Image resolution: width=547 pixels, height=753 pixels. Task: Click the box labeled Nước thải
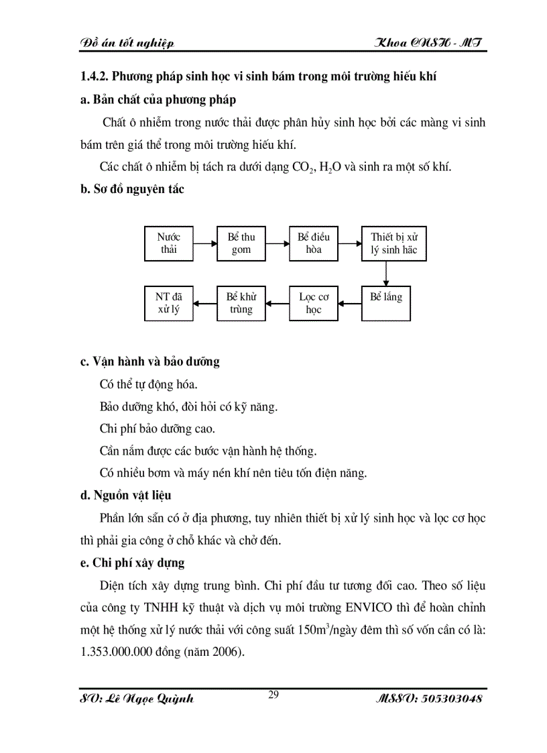tap(169, 243)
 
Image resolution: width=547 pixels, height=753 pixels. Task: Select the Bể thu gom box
tap(241, 243)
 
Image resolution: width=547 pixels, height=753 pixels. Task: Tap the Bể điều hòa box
tap(314, 243)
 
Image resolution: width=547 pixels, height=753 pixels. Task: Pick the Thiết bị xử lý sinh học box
tap(386, 243)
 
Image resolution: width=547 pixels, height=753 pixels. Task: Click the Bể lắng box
tap(386, 303)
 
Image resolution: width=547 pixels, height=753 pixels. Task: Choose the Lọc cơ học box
tap(314, 303)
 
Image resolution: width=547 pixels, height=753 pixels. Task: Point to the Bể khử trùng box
tap(241, 303)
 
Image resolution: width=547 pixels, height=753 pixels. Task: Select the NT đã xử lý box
tap(169, 303)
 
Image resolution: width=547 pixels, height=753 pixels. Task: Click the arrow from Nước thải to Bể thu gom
tap(205, 243)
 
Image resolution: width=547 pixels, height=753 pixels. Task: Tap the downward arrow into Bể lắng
tap(386, 274)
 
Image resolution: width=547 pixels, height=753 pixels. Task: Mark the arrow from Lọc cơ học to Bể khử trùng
tap(278, 303)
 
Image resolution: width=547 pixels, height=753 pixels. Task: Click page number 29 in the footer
tap(273, 695)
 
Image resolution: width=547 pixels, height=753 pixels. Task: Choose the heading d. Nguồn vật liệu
tap(126, 496)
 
